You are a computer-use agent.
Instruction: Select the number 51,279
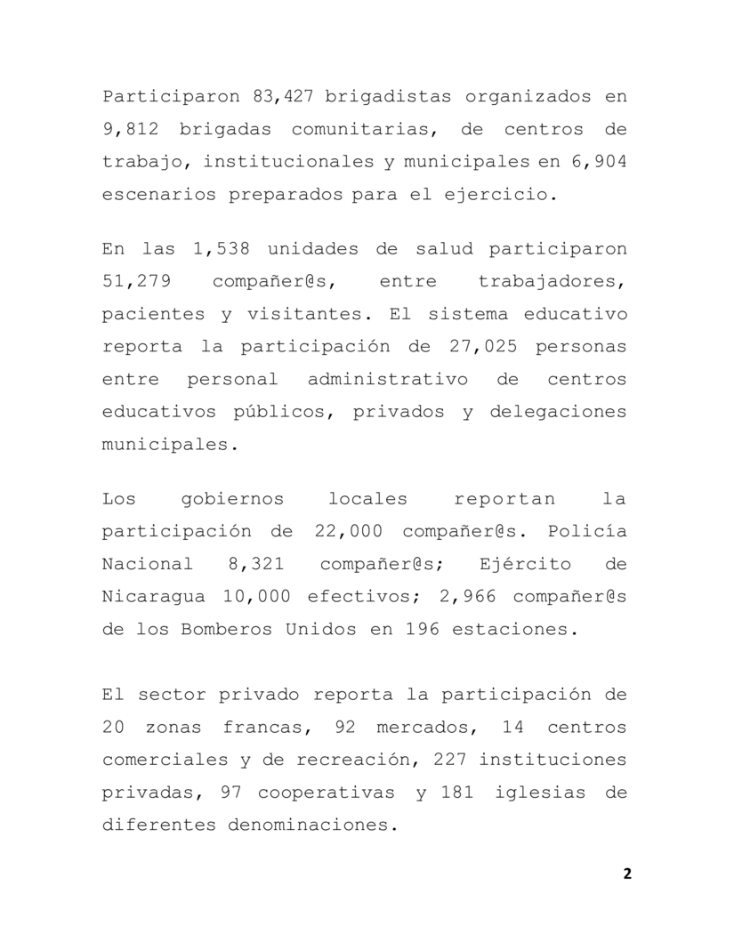click(x=136, y=282)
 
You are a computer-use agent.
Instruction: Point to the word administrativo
click(x=387, y=379)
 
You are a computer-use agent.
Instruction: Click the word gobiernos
click(x=234, y=499)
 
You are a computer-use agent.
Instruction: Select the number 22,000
click(x=349, y=532)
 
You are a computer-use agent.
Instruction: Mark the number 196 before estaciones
click(x=423, y=629)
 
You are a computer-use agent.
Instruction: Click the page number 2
click(x=627, y=873)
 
